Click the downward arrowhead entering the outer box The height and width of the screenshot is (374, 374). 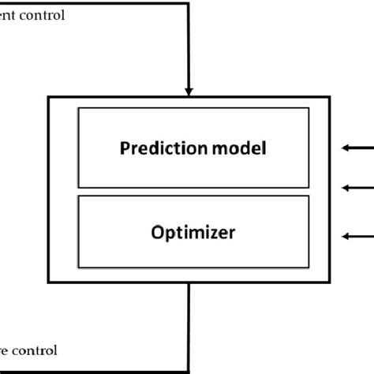189,89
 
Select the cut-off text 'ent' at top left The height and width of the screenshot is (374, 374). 9,15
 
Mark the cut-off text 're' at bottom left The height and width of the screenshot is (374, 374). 6,350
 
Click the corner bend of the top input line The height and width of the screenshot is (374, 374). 189,3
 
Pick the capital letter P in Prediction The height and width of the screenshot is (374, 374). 123,147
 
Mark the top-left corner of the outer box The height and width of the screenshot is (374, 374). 50,97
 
